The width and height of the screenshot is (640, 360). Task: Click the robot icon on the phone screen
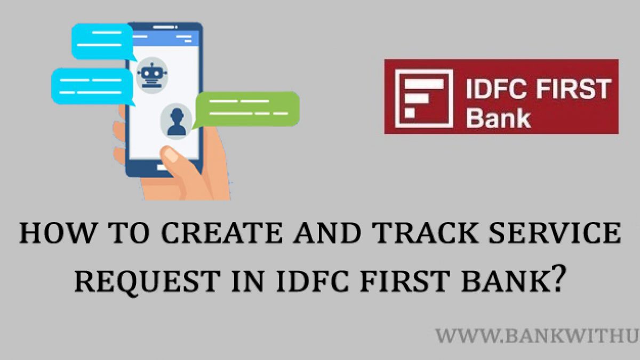coord(151,75)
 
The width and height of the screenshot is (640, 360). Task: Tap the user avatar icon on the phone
coord(177,122)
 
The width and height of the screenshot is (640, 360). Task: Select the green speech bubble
coord(246,110)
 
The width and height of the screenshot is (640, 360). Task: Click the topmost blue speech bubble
coord(103,42)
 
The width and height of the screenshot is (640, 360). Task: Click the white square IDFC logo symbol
coord(423,98)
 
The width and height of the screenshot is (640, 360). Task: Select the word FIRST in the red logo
coord(574,89)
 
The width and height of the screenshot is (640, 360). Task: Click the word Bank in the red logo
coord(498,117)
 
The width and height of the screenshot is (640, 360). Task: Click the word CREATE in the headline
coord(222,233)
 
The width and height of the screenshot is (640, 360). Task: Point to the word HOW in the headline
coord(57,233)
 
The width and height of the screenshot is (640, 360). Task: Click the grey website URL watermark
coord(538,336)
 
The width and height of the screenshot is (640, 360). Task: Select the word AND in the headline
coord(327,233)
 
